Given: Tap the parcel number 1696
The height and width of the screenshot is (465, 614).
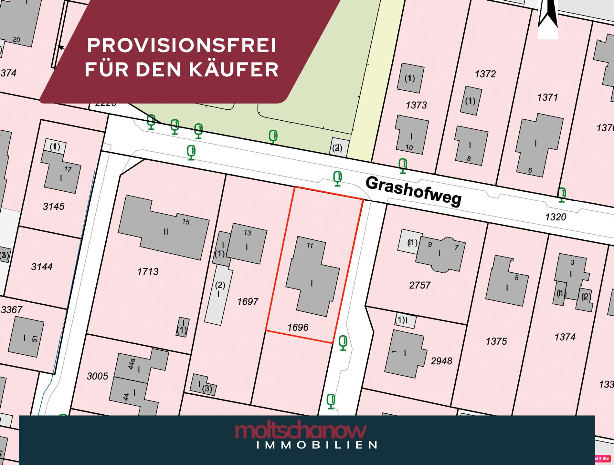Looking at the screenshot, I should (x=298, y=328).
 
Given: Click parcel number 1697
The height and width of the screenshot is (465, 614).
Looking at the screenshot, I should (x=248, y=302).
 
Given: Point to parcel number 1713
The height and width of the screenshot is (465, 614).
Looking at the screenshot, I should (x=148, y=272).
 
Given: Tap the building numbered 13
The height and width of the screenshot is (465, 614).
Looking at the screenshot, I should (x=247, y=244).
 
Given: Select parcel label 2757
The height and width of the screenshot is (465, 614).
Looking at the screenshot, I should (x=419, y=285).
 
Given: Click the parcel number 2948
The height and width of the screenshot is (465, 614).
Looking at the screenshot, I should (x=441, y=361).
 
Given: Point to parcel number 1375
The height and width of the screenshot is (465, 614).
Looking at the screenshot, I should (x=496, y=341).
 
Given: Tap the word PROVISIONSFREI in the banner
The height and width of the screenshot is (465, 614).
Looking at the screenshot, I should (x=182, y=45).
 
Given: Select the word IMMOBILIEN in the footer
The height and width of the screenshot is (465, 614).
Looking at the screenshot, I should (x=317, y=445).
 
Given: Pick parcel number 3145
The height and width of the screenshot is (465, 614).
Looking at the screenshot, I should (x=54, y=207).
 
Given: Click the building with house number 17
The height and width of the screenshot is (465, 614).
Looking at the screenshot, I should (x=61, y=174).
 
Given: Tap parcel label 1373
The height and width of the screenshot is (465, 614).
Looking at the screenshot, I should (x=416, y=105).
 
